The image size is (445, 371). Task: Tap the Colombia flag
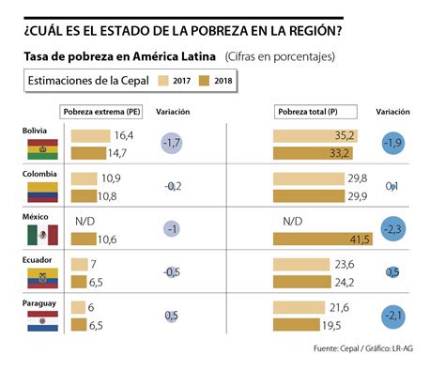(x=40, y=193)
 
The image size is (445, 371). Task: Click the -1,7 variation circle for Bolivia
(x=172, y=144)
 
